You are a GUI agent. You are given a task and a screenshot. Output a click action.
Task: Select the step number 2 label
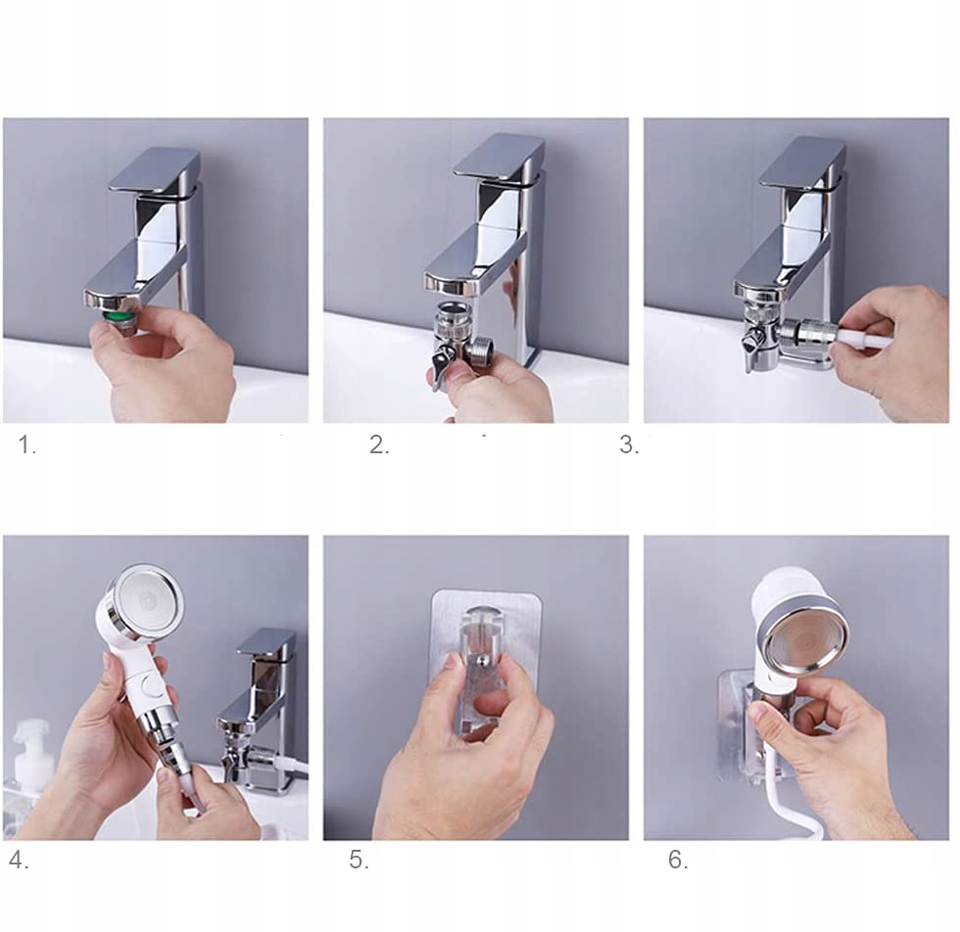pos(379,444)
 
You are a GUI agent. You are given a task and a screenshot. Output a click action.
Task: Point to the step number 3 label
pos(629,444)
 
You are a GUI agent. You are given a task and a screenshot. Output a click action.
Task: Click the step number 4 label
pos(19,861)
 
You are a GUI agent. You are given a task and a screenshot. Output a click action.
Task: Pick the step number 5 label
pos(359,861)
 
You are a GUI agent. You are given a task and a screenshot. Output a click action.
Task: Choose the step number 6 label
pos(678,860)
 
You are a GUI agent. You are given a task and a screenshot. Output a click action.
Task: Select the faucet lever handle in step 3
pos(802,162)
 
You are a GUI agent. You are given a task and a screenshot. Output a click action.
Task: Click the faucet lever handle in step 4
pos(266,647)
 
